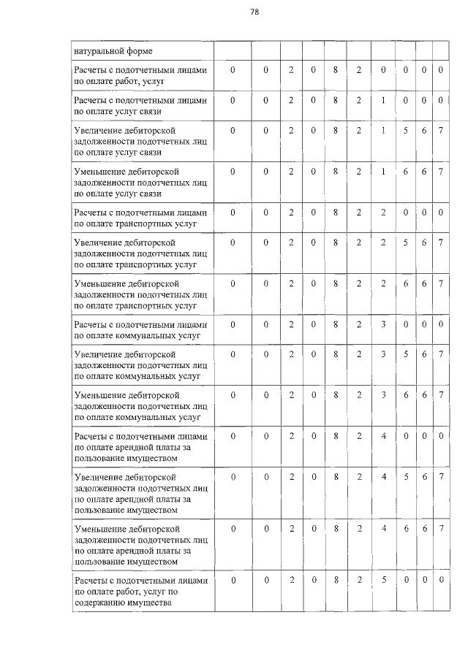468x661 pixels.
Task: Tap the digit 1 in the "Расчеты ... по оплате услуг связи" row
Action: (383, 100)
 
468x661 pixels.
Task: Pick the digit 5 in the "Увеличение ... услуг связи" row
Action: (407, 130)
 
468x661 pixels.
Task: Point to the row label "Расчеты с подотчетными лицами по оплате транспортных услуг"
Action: (140, 218)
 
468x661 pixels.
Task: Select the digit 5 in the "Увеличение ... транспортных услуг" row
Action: (407, 242)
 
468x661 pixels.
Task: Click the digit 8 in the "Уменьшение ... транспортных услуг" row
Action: (336, 283)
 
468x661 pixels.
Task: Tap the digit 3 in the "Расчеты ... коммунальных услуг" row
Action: (383, 324)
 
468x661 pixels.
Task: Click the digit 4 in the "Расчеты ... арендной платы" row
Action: (383, 436)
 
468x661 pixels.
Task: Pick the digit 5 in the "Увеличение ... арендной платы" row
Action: (407, 477)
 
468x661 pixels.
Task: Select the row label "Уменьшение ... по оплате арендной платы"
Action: (140, 544)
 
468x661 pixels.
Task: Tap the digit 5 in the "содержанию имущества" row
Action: (383, 580)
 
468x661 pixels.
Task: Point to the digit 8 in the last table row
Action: (336, 580)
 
